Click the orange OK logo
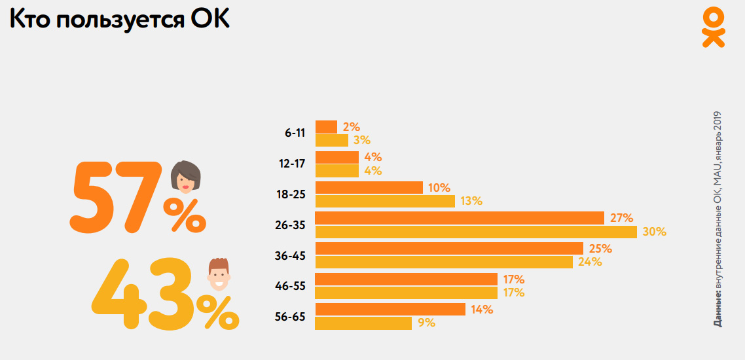point(713,27)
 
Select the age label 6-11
point(295,133)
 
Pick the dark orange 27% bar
point(459,218)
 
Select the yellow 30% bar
point(476,232)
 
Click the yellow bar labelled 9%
point(363,323)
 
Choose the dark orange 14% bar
point(390,309)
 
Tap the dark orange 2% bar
point(326,127)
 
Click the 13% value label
point(471,201)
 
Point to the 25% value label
point(600,249)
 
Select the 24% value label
point(590,262)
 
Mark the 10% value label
point(439,188)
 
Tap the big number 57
point(115,198)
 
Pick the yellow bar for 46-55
point(406,293)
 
